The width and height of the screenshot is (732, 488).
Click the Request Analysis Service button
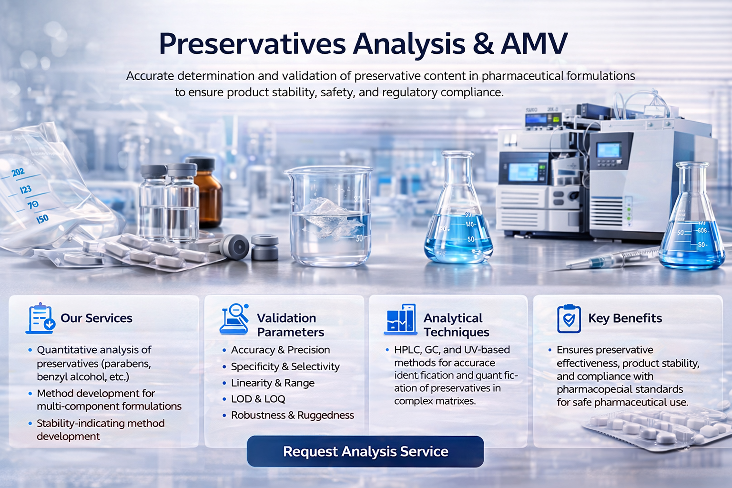coord(366,451)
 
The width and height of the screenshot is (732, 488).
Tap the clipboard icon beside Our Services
coord(41,318)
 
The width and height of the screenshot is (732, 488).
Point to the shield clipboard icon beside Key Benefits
coord(569,319)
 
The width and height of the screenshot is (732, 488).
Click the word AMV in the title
coord(534,44)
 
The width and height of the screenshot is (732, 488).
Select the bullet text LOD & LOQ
coord(258,399)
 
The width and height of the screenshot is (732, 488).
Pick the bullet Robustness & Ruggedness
coord(293,415)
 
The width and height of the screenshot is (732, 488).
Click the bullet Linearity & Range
coord(273,383)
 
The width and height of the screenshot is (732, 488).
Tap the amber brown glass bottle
coord(206,193)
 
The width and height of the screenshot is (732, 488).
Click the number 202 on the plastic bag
coord(18,172)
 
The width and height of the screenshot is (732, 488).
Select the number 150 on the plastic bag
coord(42,219)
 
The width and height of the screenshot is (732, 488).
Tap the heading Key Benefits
coord(625,318)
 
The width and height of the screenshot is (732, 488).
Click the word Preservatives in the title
coord(252,44)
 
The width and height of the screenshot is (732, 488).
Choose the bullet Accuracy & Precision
coord(280,350)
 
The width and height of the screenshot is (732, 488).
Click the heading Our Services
coord(96,318)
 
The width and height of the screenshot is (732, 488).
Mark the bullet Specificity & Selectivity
coord(285,366)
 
